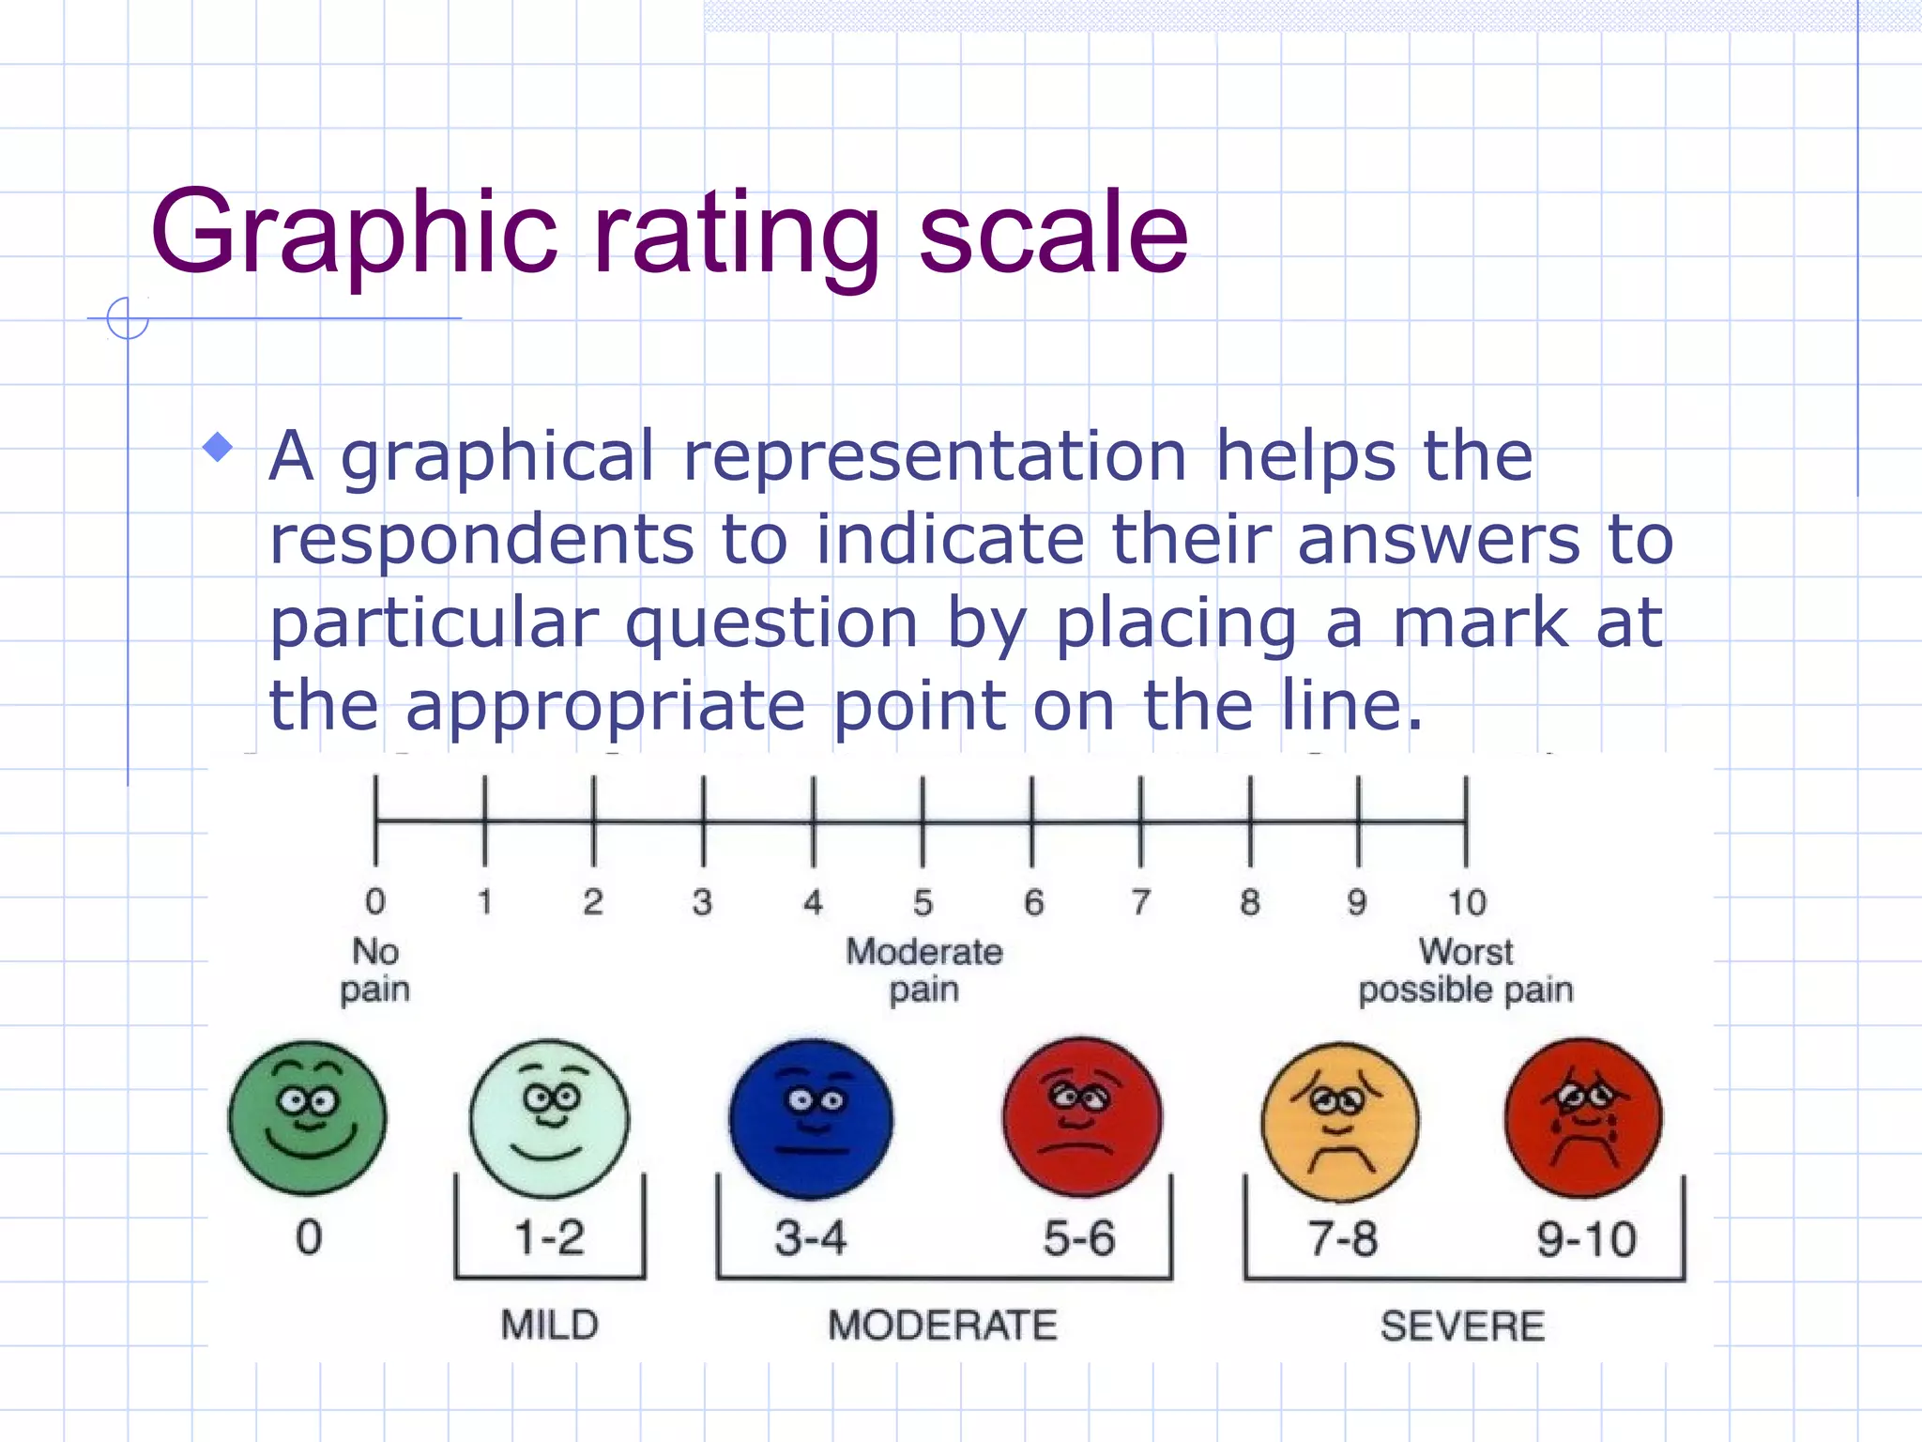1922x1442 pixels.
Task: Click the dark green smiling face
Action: pyautogui.click(x=308, y=1117)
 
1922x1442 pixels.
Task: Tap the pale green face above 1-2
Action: pyautogui.click(x=550, y=1117)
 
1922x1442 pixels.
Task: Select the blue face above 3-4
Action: pyautogui.click(x=812, y=1117)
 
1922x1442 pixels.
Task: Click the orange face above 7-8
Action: pyautogui.click(x=1341, y=1120)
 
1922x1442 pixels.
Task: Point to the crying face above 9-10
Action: pyautogui.click(x=1584, y=1117)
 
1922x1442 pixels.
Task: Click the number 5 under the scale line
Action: pyautogui.click(x=923, y=903)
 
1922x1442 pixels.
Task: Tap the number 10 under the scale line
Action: pyautogui.click(x=1467, y=903)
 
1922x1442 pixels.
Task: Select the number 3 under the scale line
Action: pyautogui.click(x=702, y=903)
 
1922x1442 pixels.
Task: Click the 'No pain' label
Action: pyautogui.click(x=375, y=971)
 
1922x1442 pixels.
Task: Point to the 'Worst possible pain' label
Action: pyautogui.click(x=1466, y=971)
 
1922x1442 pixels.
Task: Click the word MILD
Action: pyautogui.click(x=550, y=1326)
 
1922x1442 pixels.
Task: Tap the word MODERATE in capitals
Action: pyautogui.click(x=943, y=1326)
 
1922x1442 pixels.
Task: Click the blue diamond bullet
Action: pyautogui.click(x=218, y=447)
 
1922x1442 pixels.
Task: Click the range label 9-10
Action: pyautogui.click(x=1586, y=1239)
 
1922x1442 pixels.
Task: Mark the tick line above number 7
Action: pyautogui.click(x=1141, y=821)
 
